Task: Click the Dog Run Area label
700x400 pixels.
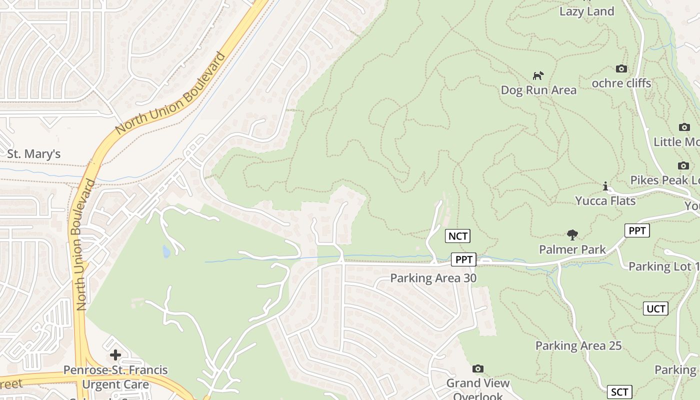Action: point(538,90)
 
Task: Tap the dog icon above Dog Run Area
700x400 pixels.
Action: point(538,76)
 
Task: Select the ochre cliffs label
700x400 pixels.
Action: point(621,83)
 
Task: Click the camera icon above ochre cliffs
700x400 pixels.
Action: point(621,68)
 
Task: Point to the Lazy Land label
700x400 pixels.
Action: point(586,11)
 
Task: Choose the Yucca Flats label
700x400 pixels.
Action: point(605,201)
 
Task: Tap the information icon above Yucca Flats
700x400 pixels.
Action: point(605,186)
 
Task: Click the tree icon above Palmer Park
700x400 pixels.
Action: point(572,234)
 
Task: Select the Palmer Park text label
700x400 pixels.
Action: point(572,249)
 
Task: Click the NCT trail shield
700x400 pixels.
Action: point(458,236)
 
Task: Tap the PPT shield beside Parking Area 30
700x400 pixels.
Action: point(463,259)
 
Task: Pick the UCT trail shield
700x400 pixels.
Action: point(655,308)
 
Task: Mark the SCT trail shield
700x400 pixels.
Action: point(619,392)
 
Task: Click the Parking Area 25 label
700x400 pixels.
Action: point(578,345)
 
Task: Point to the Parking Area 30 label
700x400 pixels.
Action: point(433,278)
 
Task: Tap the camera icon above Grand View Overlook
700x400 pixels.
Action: point(477,369)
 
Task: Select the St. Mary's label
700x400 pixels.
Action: point(33,154)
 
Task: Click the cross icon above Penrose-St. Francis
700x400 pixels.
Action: point(115,355)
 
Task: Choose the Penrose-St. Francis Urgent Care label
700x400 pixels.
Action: point(115,377)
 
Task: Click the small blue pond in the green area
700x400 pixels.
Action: point(166,251)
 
